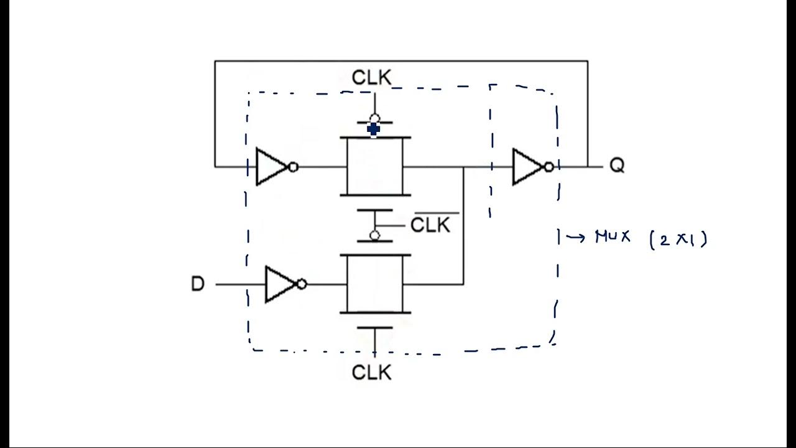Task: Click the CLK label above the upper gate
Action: [372, 78]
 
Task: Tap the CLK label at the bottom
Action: [372, 372]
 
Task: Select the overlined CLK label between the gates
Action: [430, 224]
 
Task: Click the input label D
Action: [197, 284]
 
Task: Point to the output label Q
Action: [616, 166]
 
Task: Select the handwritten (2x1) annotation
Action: [678, 239]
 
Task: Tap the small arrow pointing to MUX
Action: [575, 237]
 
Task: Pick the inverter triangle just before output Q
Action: [527, 167]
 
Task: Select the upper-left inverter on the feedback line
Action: [271, 167]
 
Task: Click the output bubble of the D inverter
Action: [302, 284]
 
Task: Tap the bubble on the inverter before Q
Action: [548, 167]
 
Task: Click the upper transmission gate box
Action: [374, 167]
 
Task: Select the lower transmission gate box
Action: [374, 284]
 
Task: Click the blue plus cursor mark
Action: [373, 129]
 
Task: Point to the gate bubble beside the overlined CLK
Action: [374, 235]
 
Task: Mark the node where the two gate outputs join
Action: [463, 167]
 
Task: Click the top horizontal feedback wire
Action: [401, 61]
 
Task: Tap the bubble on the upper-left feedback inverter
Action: [294, 167]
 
